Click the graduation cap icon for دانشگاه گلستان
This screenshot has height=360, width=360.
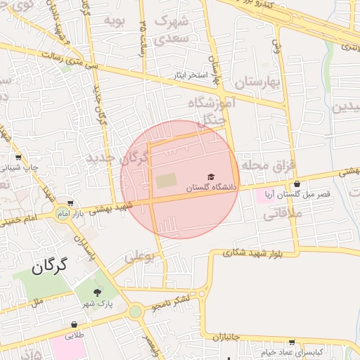(211, 177)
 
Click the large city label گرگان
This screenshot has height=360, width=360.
(49, 266)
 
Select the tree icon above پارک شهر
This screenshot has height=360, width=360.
(97, 292)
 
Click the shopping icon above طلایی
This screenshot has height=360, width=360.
(74, 325)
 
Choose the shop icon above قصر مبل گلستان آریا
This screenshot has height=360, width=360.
(297, 184)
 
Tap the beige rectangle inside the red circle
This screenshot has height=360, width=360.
(167, 181)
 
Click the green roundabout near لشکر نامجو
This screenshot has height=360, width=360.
(135, 311)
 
